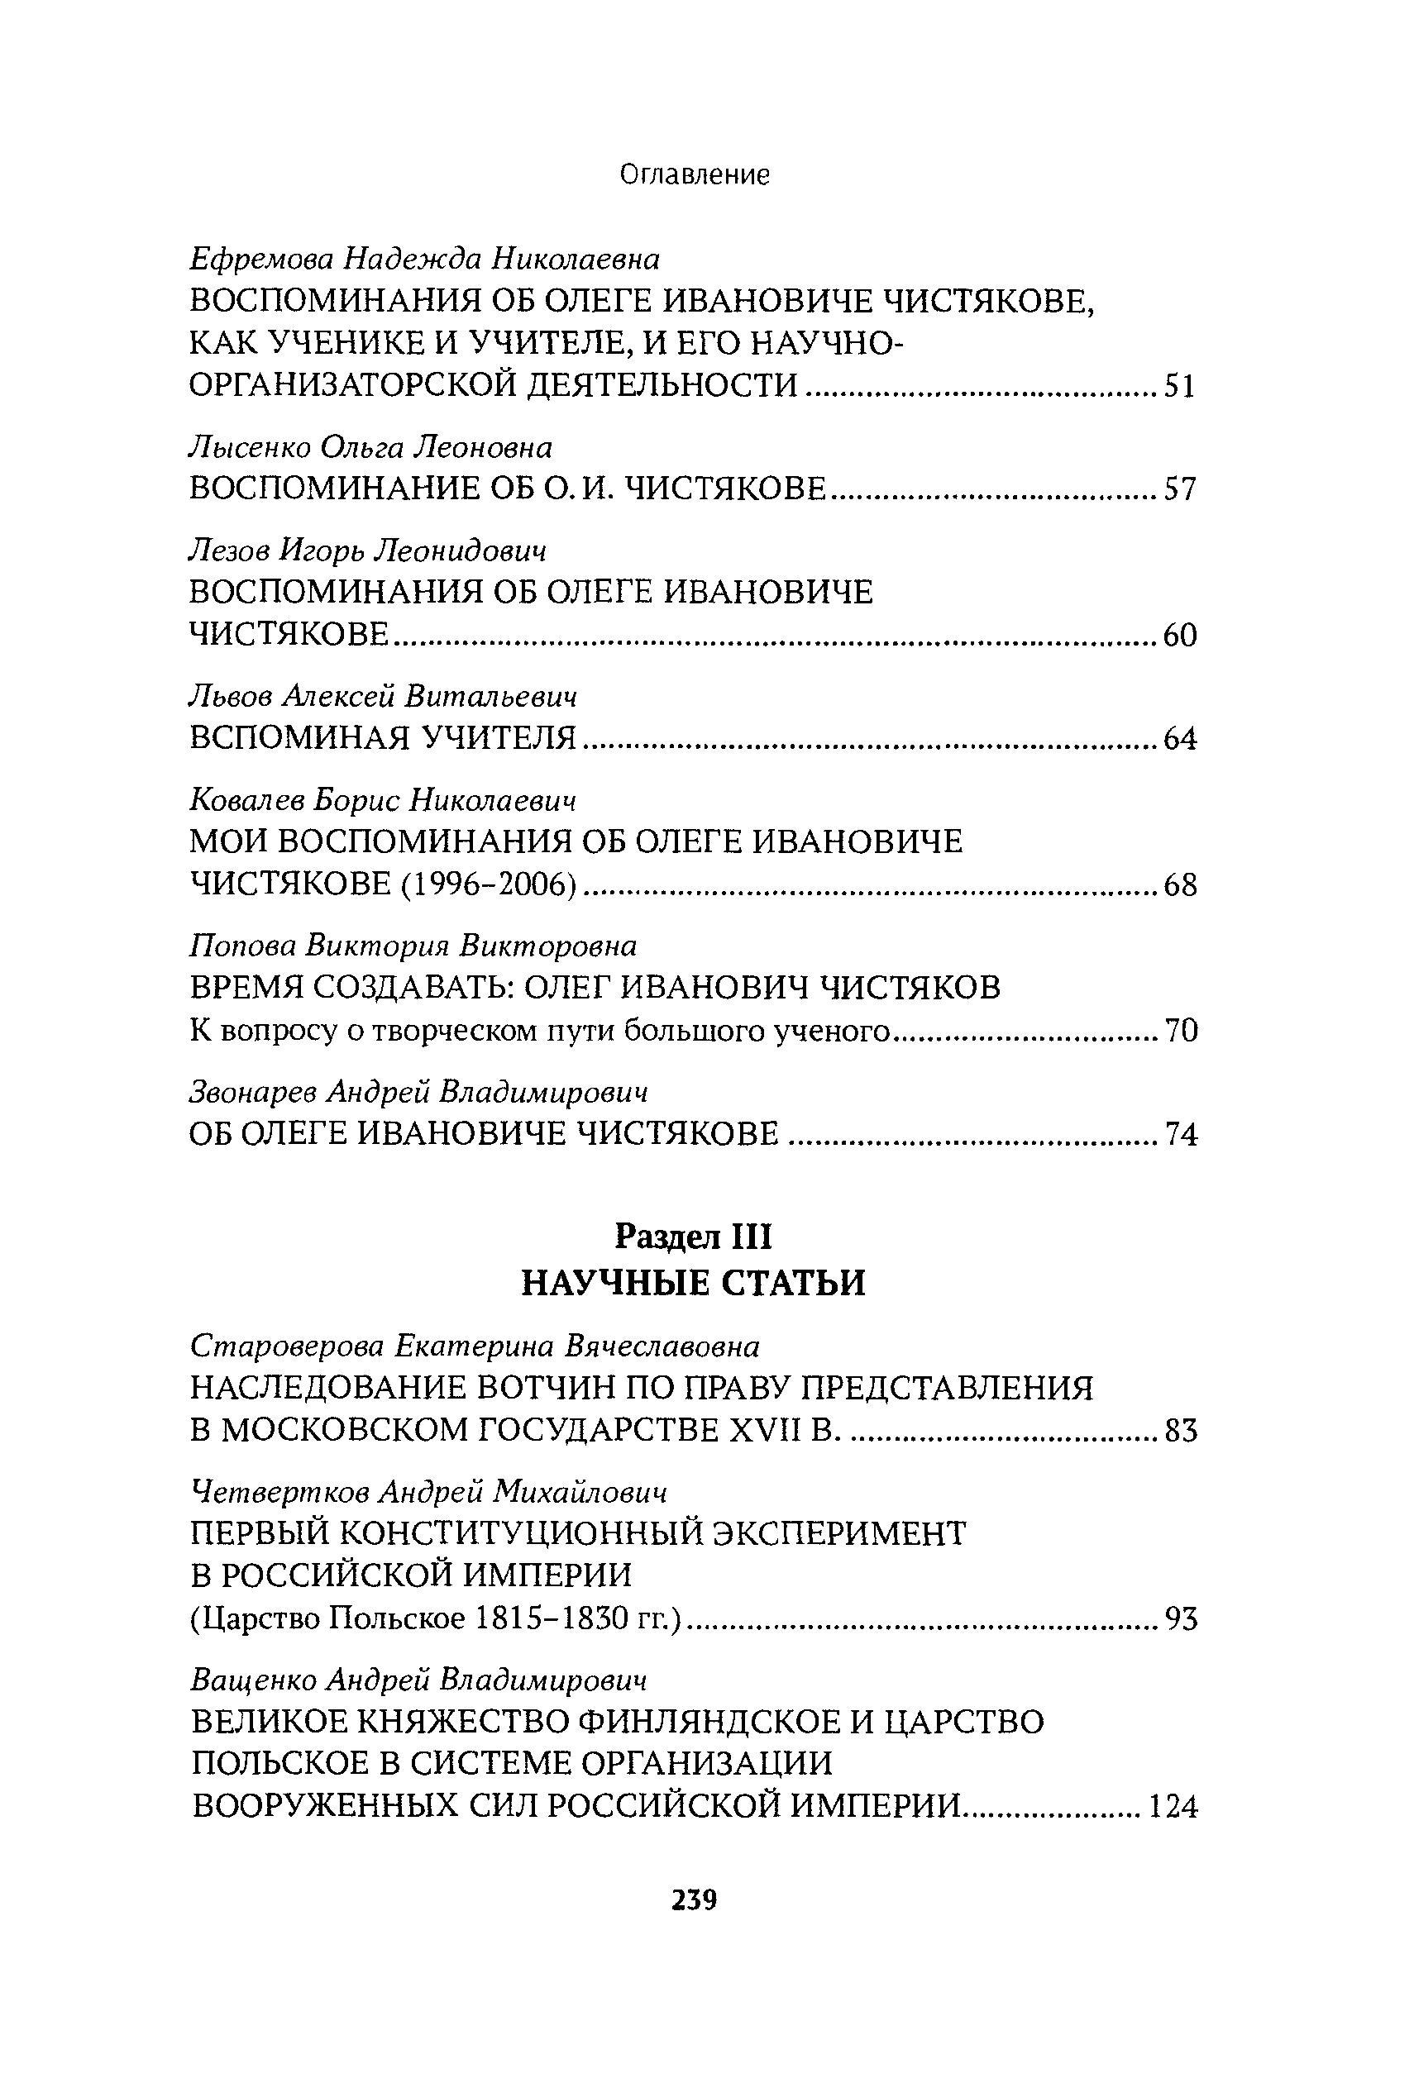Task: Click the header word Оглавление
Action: tap(695, 174)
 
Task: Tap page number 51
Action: tap(1180, 387)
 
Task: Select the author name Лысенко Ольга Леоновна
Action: tap(371, 446)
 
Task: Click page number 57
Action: tap(1180, 489)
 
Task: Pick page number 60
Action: tap(1180, 636)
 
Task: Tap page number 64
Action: tap(1180, 739)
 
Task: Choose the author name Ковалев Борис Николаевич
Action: tap(383, 798)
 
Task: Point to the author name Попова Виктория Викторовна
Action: tap(413, 945)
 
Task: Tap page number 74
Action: tap(1180, 1135)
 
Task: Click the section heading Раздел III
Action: tap(694, 1237)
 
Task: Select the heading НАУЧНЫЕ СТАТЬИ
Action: tap(694, 1283)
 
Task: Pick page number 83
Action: tap(1180, 1432)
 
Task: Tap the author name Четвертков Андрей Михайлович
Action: tap(429, 1491)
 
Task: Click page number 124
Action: tap(1173, 1807)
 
